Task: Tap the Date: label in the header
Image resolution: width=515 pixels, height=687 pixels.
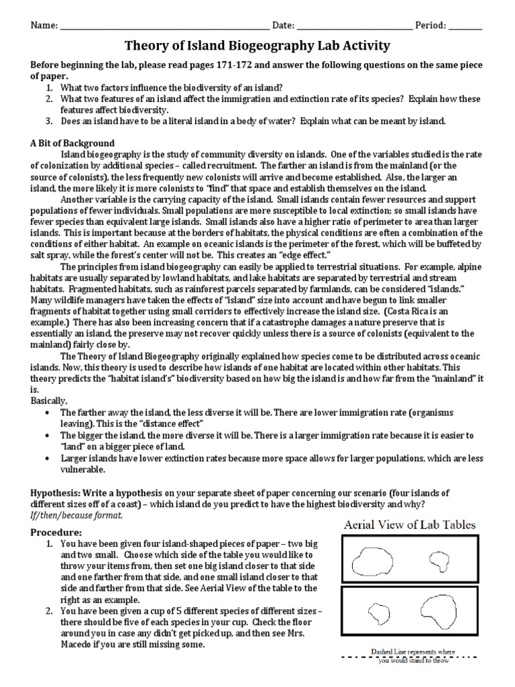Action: (x=283, y=25)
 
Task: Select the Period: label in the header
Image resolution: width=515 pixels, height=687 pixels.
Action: (x=431, y=25)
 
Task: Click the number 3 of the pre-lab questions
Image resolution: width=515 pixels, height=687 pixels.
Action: (x=49, y=121)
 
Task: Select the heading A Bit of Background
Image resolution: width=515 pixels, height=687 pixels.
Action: (x=72, y=143)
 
